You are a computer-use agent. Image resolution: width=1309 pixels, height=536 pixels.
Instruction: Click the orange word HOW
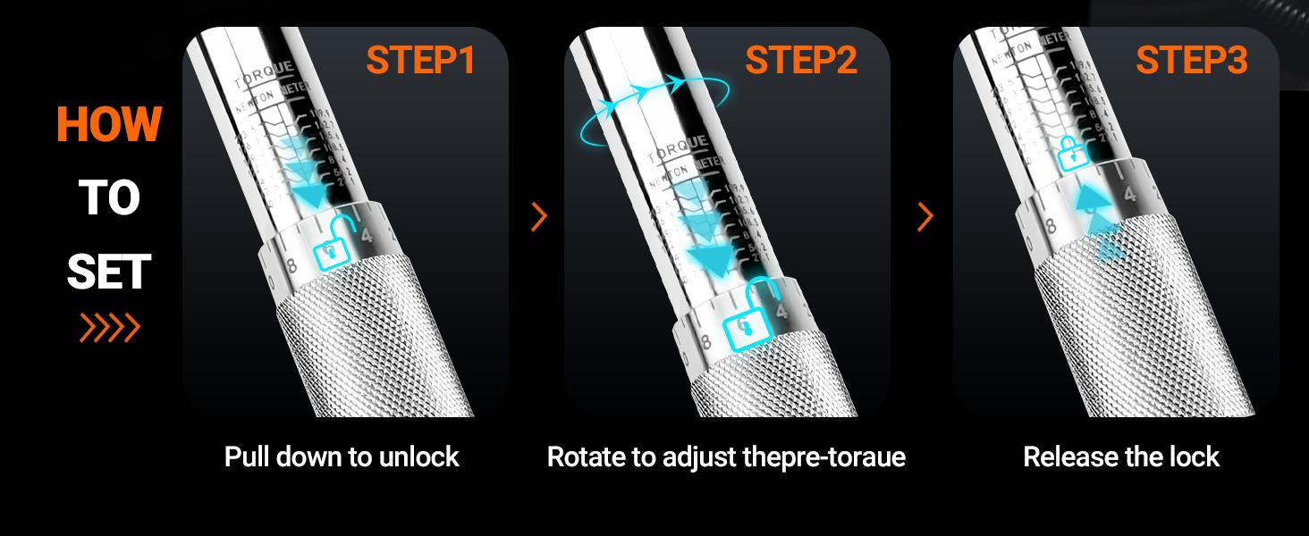(108, 123)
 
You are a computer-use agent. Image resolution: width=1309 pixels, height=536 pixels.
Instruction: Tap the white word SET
(108, 272)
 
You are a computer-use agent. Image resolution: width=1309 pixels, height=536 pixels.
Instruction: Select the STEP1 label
(420, 60)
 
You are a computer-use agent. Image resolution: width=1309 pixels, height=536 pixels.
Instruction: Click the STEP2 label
(801, 60)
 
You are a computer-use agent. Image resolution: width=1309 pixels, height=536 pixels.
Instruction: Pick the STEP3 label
(1191, 60)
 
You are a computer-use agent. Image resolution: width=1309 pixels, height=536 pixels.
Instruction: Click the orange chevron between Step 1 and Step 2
(538, 216)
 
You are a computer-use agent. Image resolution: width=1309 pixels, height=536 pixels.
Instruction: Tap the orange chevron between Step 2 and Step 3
(925, 216)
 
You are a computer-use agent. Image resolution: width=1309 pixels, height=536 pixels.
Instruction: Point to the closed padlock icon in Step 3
(1069, 154)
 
